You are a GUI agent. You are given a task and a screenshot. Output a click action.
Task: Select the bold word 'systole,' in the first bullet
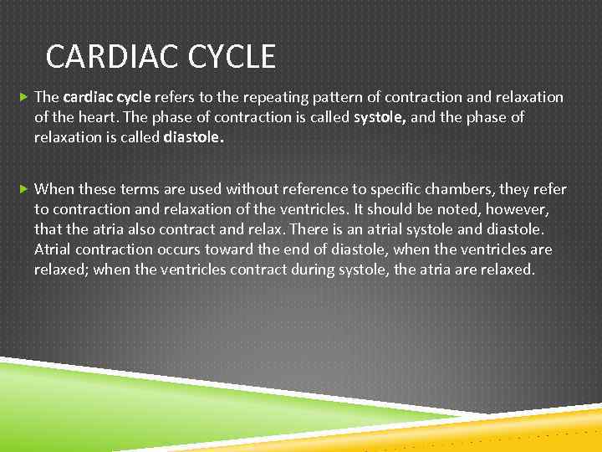click(380, 117)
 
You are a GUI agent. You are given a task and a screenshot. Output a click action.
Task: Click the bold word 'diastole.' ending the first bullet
click(194, 136)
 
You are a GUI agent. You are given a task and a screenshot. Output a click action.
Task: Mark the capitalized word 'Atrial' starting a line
click(53, 249)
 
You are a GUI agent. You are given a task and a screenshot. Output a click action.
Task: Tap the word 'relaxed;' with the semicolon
click(64, 270)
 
